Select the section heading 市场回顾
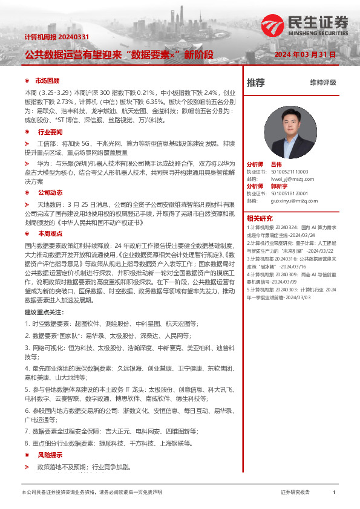pyautogui.click(x=47, y=81)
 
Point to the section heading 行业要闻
pyautogui.click(x=50, y=131)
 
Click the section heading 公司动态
pyautogui.click(x=50, y=192)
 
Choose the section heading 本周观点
pyautogui.click(x=50, y=233)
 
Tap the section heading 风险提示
pyautogui.click(x=50, y=454)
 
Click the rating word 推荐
pyautogui.click(x=256, y=83)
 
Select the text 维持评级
pyautogui.click(x=322, y=83)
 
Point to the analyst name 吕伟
pyautogui.click(x=277, y=164)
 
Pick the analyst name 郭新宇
pyautogui.click(x=279, y=186)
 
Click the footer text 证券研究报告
pyautogui.click(x=295, y=492)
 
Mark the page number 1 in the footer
pyautogui.click(x=334, y=492)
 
